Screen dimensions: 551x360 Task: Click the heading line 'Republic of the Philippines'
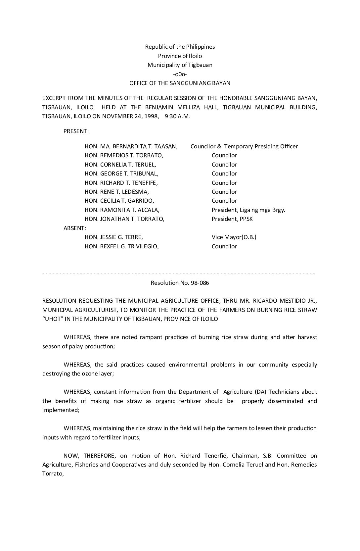[x=180, y=47]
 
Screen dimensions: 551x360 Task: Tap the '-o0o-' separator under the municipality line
[x=180, y=74]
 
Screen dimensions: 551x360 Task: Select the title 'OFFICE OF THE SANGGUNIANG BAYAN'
[x=180, y=83]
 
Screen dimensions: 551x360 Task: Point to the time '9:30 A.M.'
[x=177, y=116]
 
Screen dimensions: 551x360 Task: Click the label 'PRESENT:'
[x=76, y=131]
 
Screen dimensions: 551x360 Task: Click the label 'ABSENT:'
[x=75, y=228]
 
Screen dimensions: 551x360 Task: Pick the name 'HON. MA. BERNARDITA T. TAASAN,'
[x=131, y=146]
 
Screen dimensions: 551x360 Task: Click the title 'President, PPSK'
[x=232, y=219]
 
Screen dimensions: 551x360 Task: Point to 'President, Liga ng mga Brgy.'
[x=248, y=210]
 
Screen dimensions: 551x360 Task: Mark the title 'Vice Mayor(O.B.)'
[x=234, y=237]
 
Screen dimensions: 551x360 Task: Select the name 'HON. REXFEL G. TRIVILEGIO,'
[x=122, y=246]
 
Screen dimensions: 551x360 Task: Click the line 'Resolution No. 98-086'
[x=180, y=283]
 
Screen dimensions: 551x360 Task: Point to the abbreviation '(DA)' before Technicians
[x=260, y=392]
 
